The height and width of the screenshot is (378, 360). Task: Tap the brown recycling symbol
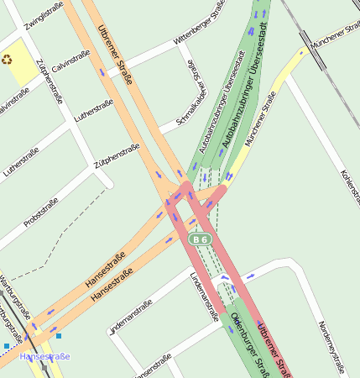[x=8, y=60]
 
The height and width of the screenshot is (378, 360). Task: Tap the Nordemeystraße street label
[x=330, y=345]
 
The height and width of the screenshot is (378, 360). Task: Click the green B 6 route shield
[x=200, y=239]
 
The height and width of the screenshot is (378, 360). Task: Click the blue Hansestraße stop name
[x=44, y=357]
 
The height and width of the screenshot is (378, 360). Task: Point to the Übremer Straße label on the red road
[x=277, y=349]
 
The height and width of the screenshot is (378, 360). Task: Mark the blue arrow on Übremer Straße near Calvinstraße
[x=102, y=72]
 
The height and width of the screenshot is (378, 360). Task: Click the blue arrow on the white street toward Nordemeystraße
[x=253, y=276]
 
